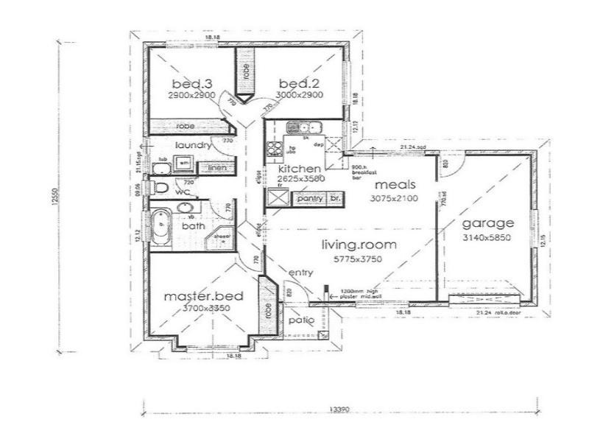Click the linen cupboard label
[x=216, y=169]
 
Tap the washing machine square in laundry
[x=185, y=163]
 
